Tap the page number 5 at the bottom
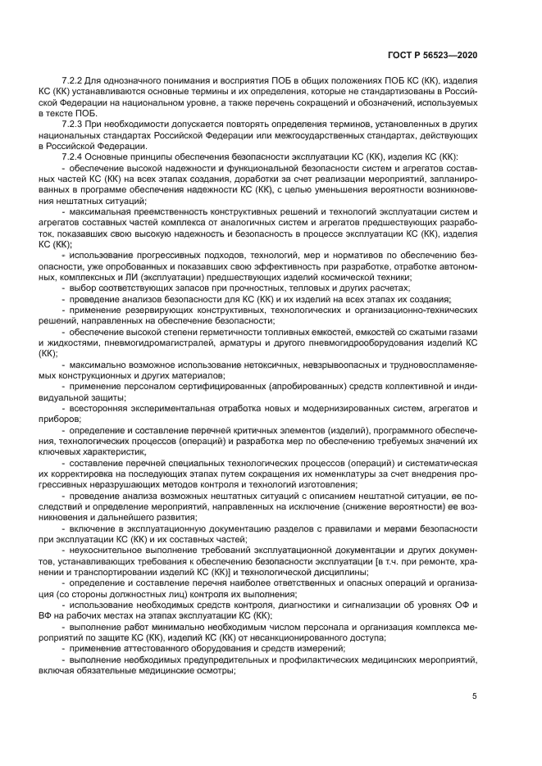(474, 698)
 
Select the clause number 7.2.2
(75, 82)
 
